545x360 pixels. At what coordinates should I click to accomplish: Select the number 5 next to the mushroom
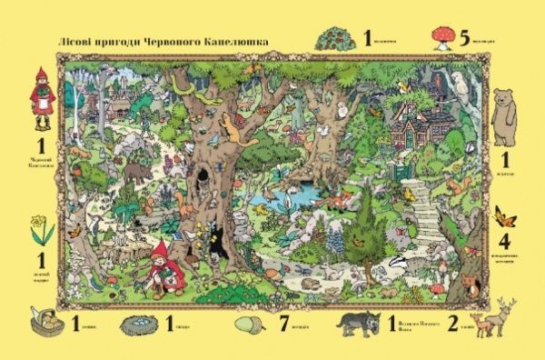[463, 38]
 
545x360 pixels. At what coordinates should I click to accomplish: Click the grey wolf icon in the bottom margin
[362, 325]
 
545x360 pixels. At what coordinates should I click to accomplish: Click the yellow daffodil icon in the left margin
[41, 230]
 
